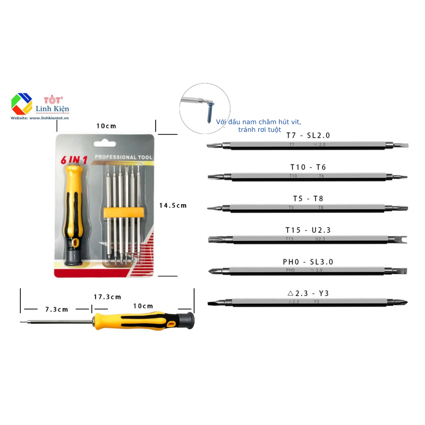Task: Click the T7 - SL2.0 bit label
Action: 308,136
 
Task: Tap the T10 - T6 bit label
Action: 308,167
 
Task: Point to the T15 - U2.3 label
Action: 308,230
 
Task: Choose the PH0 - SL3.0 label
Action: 308,262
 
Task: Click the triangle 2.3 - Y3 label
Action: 308,293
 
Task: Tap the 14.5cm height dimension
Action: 173,205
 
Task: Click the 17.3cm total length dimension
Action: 107,297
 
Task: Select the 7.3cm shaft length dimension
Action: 57,309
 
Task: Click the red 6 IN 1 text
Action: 74,159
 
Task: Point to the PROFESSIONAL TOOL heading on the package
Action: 123,157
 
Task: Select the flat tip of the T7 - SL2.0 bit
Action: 402,145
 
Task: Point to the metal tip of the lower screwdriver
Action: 22,322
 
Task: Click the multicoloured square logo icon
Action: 22,104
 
